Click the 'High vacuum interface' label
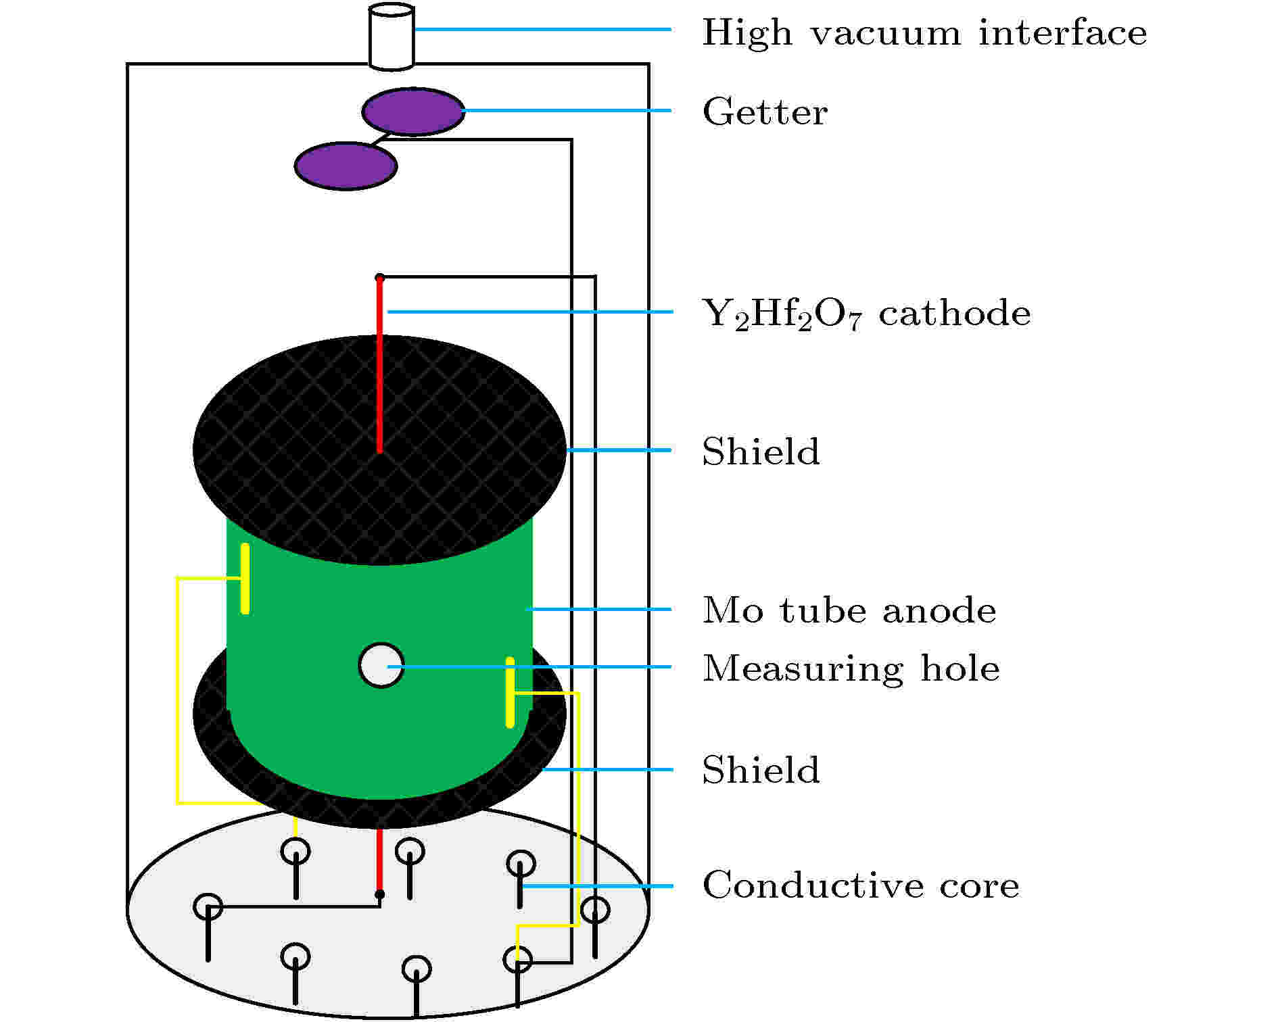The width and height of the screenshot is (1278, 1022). click(924, 33)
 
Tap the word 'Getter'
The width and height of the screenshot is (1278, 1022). click(765, 112)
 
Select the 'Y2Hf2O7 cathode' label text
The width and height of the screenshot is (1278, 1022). click(867, 314)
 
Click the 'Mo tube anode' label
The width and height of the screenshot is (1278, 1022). click(849, 610)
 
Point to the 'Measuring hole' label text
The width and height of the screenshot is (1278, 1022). click(851, 669)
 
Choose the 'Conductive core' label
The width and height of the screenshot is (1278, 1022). click(861, 885)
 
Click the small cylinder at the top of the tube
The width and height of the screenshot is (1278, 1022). click(391, 36)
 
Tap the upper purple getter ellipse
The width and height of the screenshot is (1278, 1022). click(413, 112)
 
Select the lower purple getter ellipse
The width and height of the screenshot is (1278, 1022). click(346, 166)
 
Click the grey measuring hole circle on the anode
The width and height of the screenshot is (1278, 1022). click(381, 665)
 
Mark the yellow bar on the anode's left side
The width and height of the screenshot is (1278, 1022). click(245, 579)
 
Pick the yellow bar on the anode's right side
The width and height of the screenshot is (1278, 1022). click(510, 692)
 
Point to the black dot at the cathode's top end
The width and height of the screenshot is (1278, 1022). click(380, 278)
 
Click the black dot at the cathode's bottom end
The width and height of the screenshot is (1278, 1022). click(380, 894)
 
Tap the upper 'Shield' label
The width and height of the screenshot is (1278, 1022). click(761, 452)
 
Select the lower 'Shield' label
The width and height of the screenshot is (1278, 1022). click(761, 770)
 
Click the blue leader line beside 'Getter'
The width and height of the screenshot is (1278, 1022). click(567, 111)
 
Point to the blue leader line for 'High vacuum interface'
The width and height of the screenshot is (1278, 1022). click(542, 29)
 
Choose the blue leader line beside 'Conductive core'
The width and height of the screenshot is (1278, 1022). click(598, 885)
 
